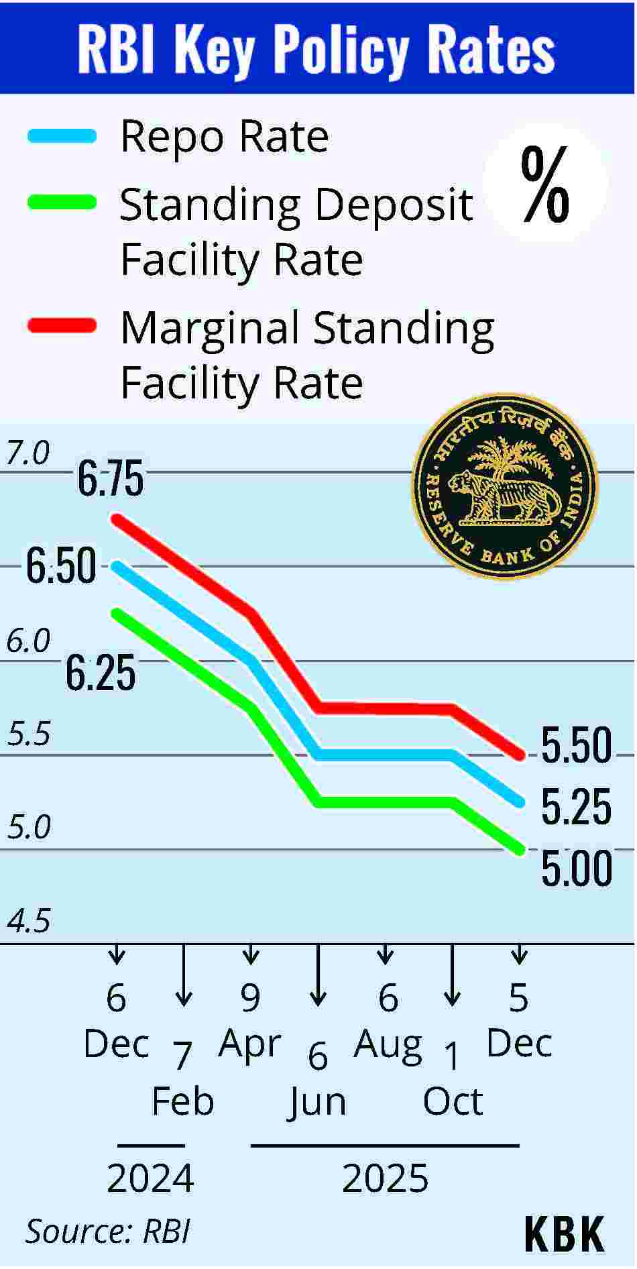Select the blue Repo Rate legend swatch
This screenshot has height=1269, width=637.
click(x=62, y=136)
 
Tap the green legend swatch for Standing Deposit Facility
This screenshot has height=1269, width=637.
click(x=62, y=203)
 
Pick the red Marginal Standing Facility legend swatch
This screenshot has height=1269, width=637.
click(x=62, y=326)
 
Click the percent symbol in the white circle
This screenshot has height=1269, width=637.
click(x=545, y=184)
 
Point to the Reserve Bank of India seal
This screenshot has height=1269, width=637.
click(x=504, y=486)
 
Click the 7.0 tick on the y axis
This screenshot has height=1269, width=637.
click(x=28, y=454)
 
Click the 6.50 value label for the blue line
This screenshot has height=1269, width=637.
click(x=61, y=566)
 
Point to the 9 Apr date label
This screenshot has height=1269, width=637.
click(x=250, y=1021)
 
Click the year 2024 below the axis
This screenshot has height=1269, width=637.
click(x=150, y=1178)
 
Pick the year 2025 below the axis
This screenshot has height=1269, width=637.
click(x=385, y=1178)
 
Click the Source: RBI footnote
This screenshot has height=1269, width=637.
click(x=108, y=1231)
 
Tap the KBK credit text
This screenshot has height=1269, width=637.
click(x=564, y=1233)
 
